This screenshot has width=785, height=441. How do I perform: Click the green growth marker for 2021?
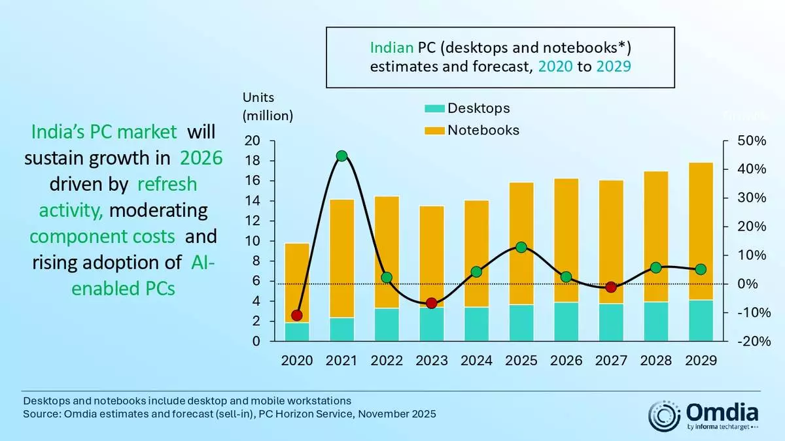(x=341, y=156)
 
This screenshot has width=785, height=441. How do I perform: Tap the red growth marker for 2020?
(x=297, y=315)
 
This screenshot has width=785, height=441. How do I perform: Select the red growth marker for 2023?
(x=431, y=303)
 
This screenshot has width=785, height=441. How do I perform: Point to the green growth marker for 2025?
(x=521, y=247)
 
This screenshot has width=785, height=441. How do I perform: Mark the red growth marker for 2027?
(x=611, y=287)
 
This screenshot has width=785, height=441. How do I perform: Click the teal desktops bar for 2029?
(x=701, y=320)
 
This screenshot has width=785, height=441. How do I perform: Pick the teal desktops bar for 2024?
(x=476, y=324)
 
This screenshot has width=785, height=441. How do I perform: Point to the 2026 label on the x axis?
(x=566, y=361)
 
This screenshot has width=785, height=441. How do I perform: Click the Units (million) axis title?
(x=268, y=106)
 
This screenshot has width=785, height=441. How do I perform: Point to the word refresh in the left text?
(x=167, y=184)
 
